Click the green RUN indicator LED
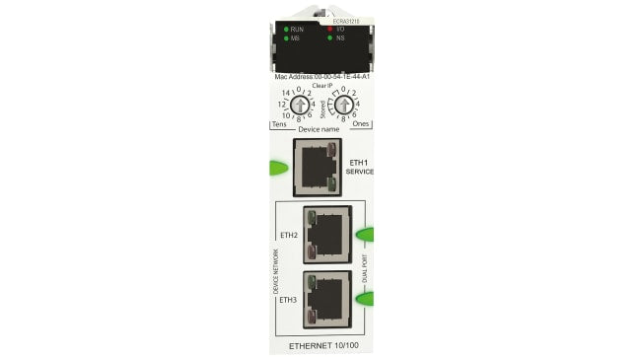(x=286, y=30)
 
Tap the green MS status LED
(x=286, y=38)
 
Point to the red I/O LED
(x=330, y=30)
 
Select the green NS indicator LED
(x=330, y=38)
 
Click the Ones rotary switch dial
(x=343, y=104)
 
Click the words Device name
(x=320, y=129)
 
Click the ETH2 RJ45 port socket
(x=327, y=235)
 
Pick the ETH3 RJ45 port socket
(x=327, y=298)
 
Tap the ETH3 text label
(x=288, y=299)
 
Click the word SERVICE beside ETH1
(x=360, y=172)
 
